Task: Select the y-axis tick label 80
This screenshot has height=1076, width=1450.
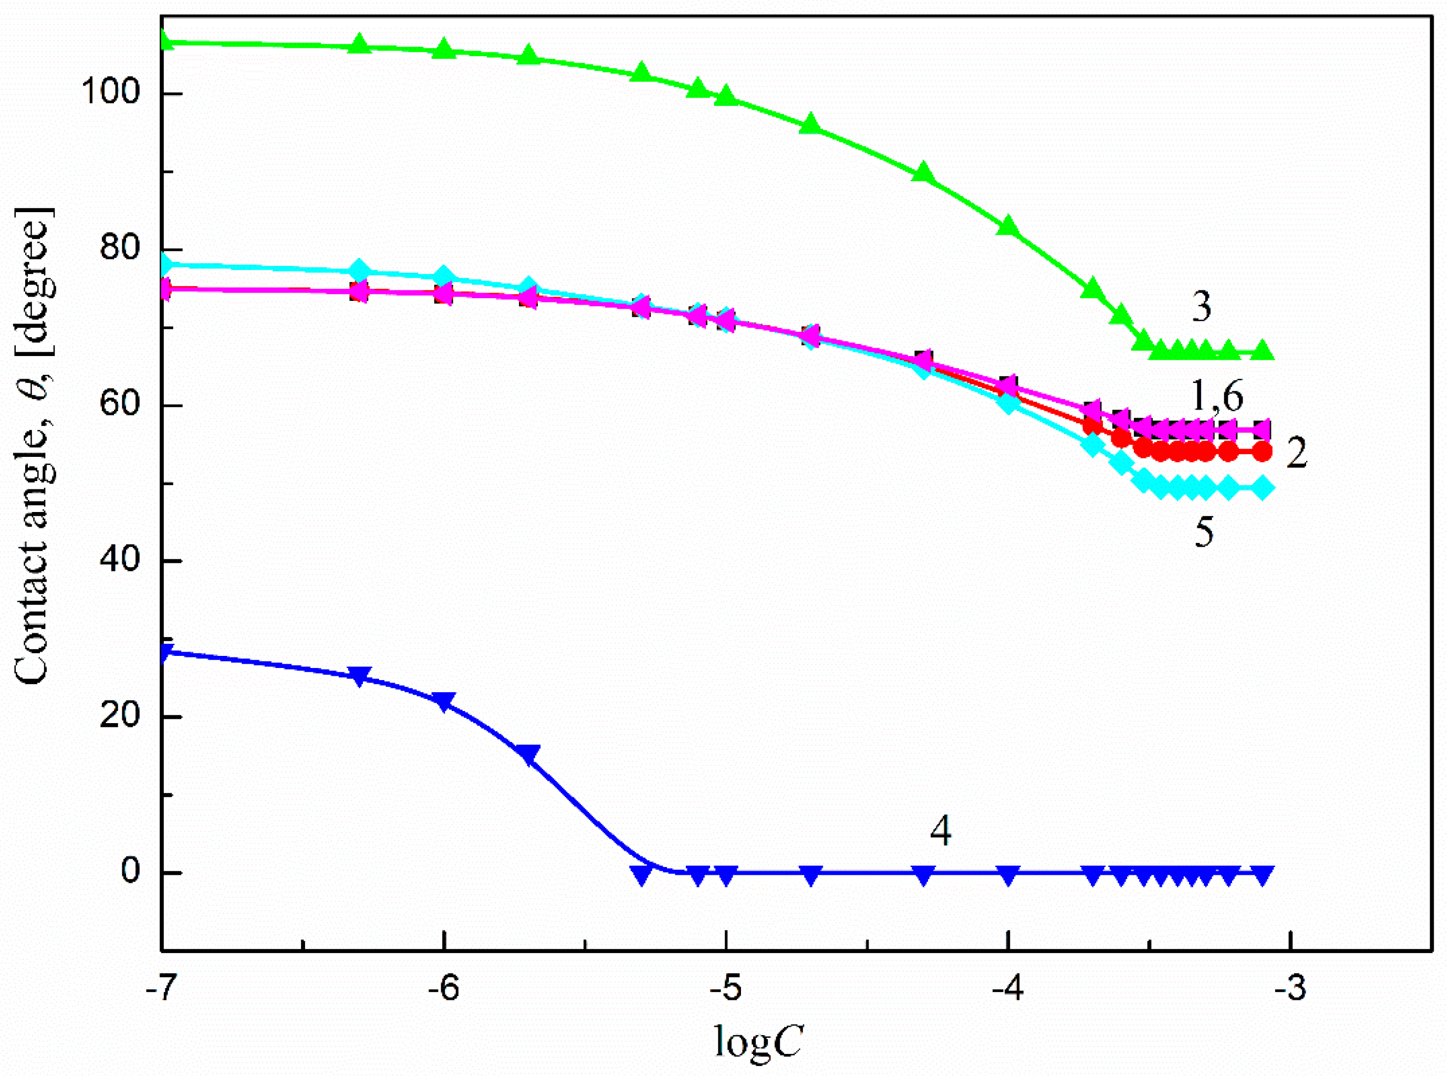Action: tap(120, 249)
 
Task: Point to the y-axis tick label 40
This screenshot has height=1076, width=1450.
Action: tap(120, 560)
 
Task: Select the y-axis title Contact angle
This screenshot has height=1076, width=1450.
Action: tap(34, 450)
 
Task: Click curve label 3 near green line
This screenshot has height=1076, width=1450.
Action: tap(1201, 306)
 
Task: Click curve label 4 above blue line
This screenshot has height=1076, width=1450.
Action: tap(940, 831)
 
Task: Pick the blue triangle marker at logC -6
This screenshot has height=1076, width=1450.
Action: tap(444, 702)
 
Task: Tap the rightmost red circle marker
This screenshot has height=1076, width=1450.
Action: tap(1263, 451)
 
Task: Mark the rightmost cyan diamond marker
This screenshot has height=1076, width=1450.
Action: tap(1263, 488)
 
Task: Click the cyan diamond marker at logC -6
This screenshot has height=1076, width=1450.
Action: tap(444, 276)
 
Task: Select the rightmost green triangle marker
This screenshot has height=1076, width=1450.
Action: tap(1263, 350)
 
